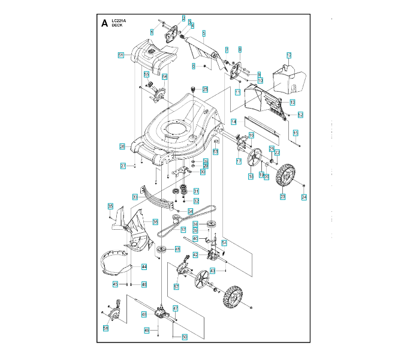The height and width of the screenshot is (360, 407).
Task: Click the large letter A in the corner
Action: click(104, 24)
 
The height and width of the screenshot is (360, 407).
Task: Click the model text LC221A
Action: click(119, 21)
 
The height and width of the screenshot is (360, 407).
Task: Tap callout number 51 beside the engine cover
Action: click(120, 55)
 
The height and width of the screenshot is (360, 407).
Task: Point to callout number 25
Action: click(205, 89)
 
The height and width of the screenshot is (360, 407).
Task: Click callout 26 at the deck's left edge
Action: click(122, 146)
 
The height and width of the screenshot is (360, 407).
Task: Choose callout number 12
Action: click(288, 55)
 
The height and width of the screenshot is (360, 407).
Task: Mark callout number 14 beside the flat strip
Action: click(234, 121)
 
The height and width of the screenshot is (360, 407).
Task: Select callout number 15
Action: click(296, 132)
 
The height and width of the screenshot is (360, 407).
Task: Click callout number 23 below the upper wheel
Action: click(282, 197)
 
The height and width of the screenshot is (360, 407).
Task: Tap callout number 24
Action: click(304, 197)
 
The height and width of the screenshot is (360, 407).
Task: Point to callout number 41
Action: click(177, 249)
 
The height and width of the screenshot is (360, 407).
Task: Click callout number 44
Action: click(144, 266)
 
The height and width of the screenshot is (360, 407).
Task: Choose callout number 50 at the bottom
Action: click(185, 337)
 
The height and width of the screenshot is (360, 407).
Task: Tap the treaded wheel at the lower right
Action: click(233, 298)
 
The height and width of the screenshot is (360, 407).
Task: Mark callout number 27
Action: click(123, 166)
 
